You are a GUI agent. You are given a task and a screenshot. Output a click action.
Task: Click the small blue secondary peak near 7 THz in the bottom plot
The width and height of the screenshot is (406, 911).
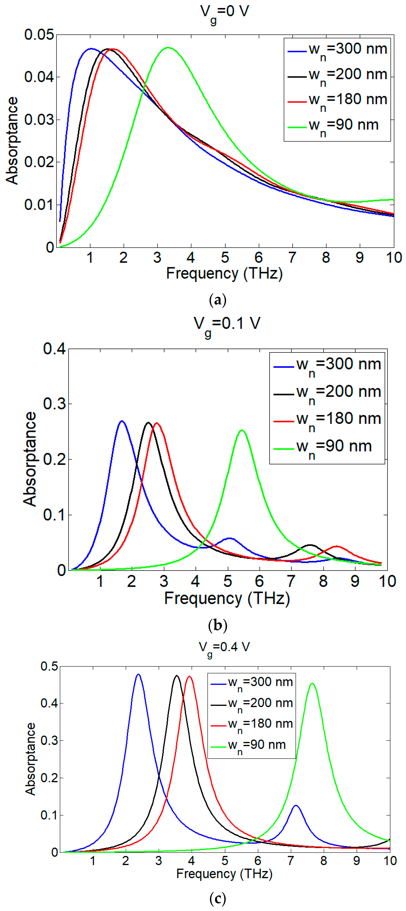pyautogui.click(x=296, y=806)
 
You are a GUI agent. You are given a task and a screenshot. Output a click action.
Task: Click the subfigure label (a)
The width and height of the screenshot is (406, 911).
pyautogui.click(x=218, y=300)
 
